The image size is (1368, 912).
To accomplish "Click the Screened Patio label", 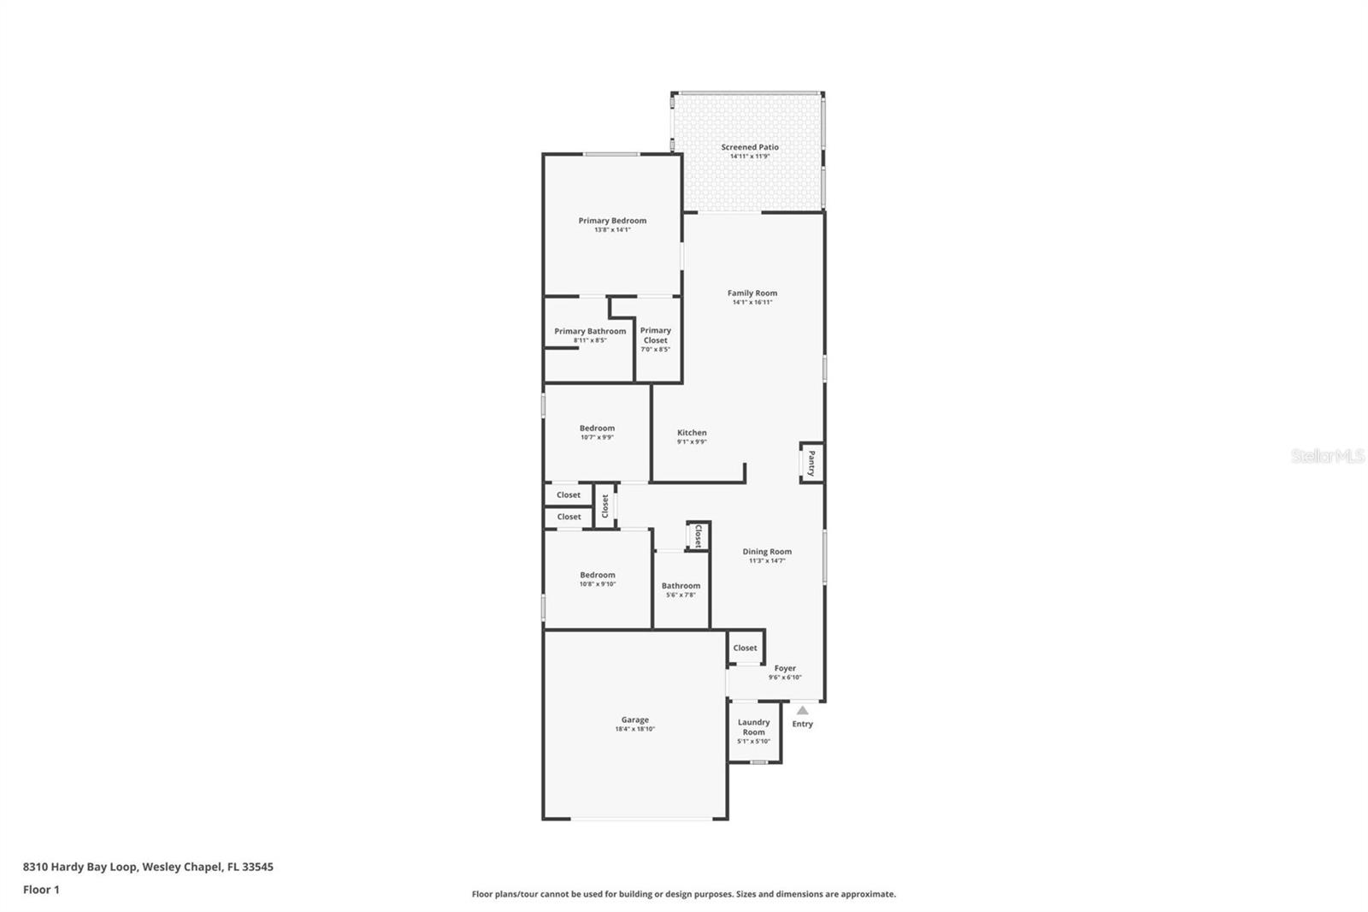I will point(750,147).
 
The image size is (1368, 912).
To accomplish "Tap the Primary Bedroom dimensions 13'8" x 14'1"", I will point(612,230).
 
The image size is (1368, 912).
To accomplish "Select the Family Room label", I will point(752,293).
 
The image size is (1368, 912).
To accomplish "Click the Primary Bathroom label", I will point(590,331).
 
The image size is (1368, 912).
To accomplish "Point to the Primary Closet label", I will point(656,335).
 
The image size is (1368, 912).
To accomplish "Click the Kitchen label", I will point(692,433).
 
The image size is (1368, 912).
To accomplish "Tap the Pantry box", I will point(811,463).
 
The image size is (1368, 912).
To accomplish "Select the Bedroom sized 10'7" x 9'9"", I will point(597,432).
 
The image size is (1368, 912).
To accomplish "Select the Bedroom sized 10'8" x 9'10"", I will point(597,579).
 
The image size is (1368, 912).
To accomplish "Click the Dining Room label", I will point(767,552).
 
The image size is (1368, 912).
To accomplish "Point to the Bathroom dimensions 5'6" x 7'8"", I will point(681,595).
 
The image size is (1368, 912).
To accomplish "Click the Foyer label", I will point(785,668).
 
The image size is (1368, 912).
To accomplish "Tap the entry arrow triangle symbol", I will point(802,710).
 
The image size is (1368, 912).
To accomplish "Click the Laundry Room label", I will point(753,727).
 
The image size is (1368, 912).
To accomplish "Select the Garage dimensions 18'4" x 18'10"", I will point(635,730).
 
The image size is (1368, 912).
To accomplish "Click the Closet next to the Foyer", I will point(745,648).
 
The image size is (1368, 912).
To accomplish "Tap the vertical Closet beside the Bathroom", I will point(698,536).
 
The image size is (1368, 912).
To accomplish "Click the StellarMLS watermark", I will point(1327,456).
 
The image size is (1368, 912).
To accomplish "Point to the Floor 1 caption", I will point(41,890).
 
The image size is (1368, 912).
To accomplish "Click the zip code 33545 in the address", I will point(257,867).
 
